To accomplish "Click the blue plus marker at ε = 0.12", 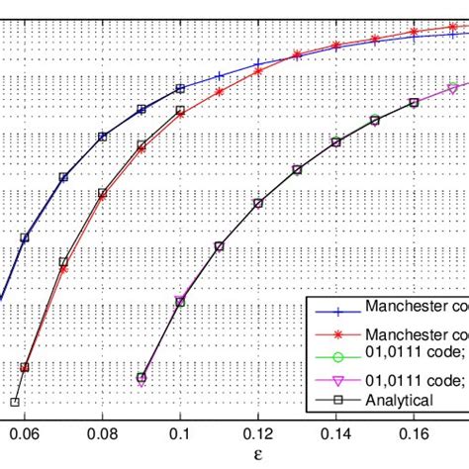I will point(258,63).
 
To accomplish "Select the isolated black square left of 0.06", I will point(15,402).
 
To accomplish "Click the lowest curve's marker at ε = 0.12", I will point(258,203).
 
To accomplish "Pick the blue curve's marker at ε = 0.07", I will point(63,177).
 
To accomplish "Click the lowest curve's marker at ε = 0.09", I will point(141,378).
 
